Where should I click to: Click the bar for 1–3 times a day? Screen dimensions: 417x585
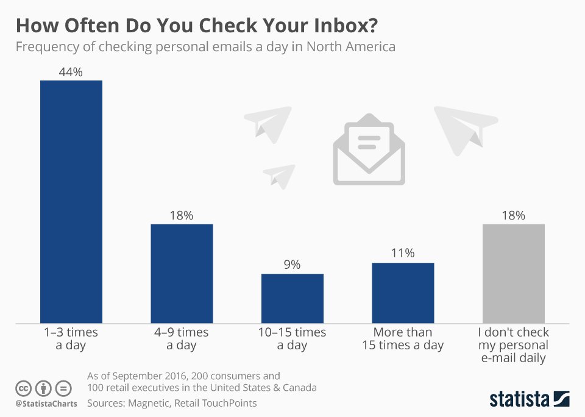(x=71, y=201)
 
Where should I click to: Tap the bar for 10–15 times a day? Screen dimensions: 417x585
(x=292, y=298)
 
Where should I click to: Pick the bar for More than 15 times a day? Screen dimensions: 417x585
(x=403, y=293)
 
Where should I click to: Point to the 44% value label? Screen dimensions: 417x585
(x=71, y=72)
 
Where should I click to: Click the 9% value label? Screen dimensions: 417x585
(x=292, y=265)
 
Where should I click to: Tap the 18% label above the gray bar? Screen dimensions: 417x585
(x=513, y=215)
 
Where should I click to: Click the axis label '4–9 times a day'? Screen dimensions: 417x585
(x=182, y=339)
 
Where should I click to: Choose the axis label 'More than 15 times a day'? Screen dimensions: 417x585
(x=403, y=339)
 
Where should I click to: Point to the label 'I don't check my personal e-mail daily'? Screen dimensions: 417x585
(x=513, y=345)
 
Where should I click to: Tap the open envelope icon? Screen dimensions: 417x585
(x=369, y=152)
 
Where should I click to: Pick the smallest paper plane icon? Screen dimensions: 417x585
(x=280, y=176)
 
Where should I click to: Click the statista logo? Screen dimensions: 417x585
(x=529, y=399)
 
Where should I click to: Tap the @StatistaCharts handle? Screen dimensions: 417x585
(x=46, y=404)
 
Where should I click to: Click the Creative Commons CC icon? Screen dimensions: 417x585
(x=24, y=388)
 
